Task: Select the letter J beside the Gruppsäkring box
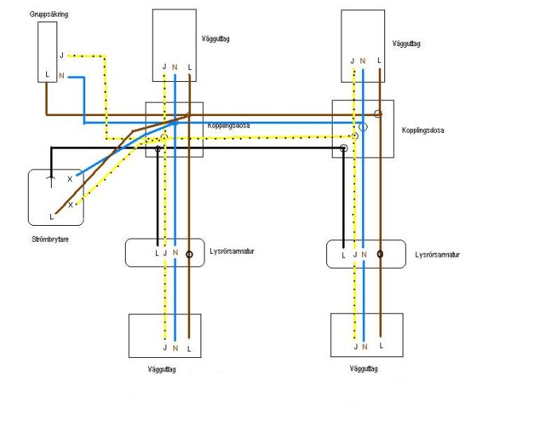61,55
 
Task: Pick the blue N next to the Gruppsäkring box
61,75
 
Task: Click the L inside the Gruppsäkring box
48,75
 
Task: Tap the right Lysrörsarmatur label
438,254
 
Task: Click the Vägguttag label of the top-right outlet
406,45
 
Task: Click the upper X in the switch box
70,179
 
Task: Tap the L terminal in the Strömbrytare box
52,216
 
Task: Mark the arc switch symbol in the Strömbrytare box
51,181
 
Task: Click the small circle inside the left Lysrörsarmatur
189,255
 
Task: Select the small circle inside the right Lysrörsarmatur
380,255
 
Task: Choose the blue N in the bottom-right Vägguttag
364,347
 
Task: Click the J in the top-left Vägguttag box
165,67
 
